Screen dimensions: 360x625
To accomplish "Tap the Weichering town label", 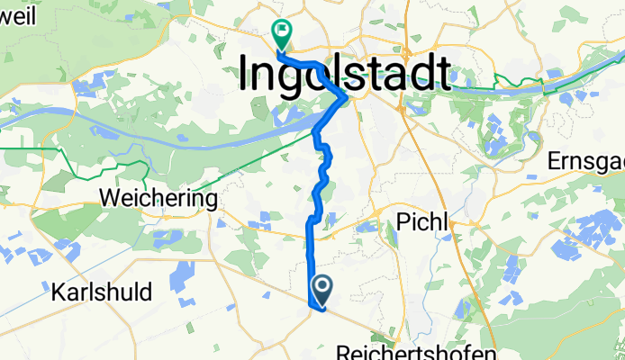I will click(x=159, y=197).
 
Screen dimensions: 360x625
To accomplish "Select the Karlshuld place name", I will click(x=102, y=292).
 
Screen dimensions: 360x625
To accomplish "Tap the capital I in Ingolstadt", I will click(x=247, y=71).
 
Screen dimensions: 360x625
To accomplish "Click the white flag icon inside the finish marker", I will click(x=281, y=32).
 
